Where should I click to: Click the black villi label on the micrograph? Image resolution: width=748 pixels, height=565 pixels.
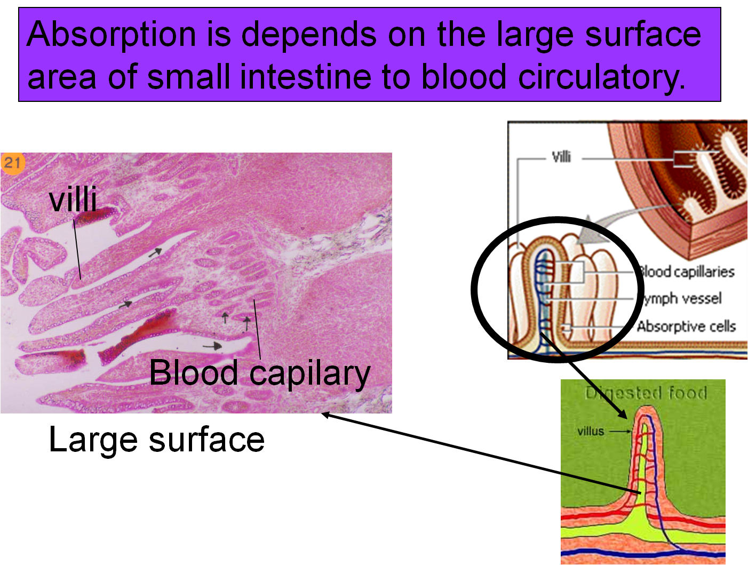[73, 200]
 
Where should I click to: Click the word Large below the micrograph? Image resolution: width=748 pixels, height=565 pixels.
[94, 441]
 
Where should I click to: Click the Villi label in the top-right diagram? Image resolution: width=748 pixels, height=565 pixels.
[561, 157]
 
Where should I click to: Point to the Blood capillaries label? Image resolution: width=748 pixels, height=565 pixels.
[687, 272]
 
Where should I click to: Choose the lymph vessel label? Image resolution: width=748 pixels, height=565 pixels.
[682, 299]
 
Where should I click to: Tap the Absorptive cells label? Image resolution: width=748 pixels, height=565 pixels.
[686, 326]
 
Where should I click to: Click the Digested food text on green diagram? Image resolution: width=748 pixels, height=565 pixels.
[646, 394]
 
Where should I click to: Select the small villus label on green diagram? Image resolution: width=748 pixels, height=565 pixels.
[591, 431]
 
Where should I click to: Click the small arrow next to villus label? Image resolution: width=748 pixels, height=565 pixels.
[620, 431]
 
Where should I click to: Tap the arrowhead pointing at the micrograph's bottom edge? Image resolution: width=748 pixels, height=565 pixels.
[324, 415]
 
